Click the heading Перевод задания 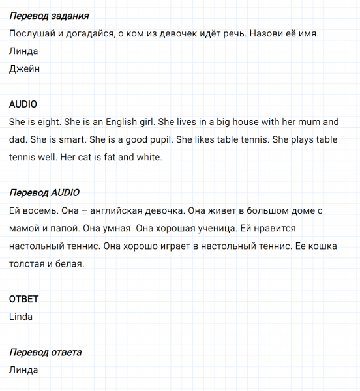(x=50, y=15)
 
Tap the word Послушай (x=32, y=33)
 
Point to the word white (x=148, y=157)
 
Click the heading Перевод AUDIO (x=45, y=192)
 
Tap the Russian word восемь (x=40, y=210)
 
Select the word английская (x=124, y=210)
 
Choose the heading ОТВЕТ (x=23, y=299)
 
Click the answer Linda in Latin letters (x=22, y=317)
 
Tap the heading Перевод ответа (x=46, y=353)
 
